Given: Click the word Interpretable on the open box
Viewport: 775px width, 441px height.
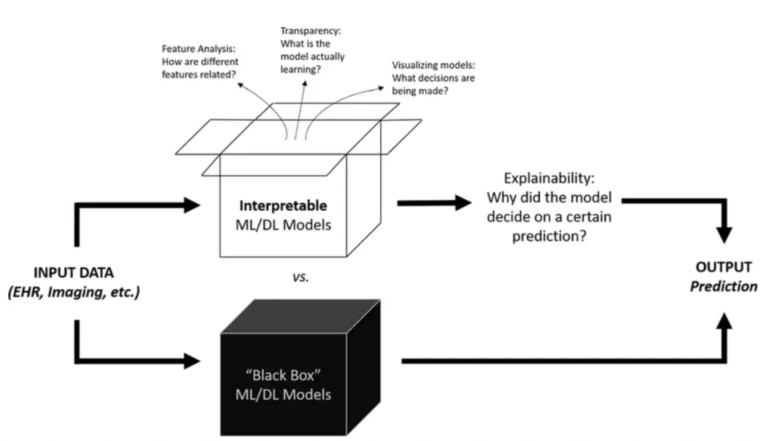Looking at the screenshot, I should [283, 206].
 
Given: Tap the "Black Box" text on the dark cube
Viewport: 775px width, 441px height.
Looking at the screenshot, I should [283, 375].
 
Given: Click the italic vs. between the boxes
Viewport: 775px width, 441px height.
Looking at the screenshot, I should [300, 277].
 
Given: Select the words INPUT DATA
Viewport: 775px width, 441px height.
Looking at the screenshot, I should [73, 272].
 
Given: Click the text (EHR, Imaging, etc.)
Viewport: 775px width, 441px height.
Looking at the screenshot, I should [73, 292].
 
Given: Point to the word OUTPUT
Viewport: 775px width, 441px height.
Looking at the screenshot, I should [724, 267].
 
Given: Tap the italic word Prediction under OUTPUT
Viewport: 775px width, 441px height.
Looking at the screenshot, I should [724, 287].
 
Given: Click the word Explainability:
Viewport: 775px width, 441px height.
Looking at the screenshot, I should [549, 178].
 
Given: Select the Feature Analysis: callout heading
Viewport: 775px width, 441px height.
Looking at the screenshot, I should [198, 49].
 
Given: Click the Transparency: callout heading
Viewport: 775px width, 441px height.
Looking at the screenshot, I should [310, 31].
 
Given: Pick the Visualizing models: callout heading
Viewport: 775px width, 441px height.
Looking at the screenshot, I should [433, 65].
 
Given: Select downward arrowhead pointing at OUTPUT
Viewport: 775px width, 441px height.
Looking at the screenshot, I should [724, 234].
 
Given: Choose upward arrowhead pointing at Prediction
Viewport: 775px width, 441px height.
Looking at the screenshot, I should [724, 322].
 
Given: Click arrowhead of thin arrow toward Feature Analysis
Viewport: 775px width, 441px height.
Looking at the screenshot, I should [240, 85].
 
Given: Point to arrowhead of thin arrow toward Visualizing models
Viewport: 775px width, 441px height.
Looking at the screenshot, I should [381, 88].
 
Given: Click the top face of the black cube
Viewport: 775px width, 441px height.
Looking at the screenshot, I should [300, 316].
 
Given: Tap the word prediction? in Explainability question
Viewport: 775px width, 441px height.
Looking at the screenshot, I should [549, 236].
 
